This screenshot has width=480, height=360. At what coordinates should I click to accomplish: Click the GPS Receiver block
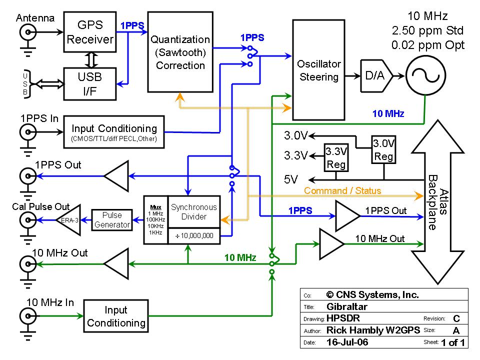click(90, 33)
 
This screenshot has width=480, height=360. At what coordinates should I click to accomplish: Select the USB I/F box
click(90, 83)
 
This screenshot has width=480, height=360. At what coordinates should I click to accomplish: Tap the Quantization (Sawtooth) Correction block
click(180, 52)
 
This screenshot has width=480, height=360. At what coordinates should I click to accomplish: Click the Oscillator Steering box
click(318, 70)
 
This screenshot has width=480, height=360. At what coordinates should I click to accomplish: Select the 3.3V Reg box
click(336, 157)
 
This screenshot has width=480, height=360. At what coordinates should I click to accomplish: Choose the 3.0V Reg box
click(383, 150)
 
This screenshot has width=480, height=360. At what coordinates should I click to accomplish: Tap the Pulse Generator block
click(112, 220)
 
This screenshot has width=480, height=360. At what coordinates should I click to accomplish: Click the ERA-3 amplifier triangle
click(70, 220)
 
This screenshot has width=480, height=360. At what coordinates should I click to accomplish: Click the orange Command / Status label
click(342, 190)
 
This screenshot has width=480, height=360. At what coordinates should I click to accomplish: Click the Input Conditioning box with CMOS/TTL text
click(114, 132)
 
